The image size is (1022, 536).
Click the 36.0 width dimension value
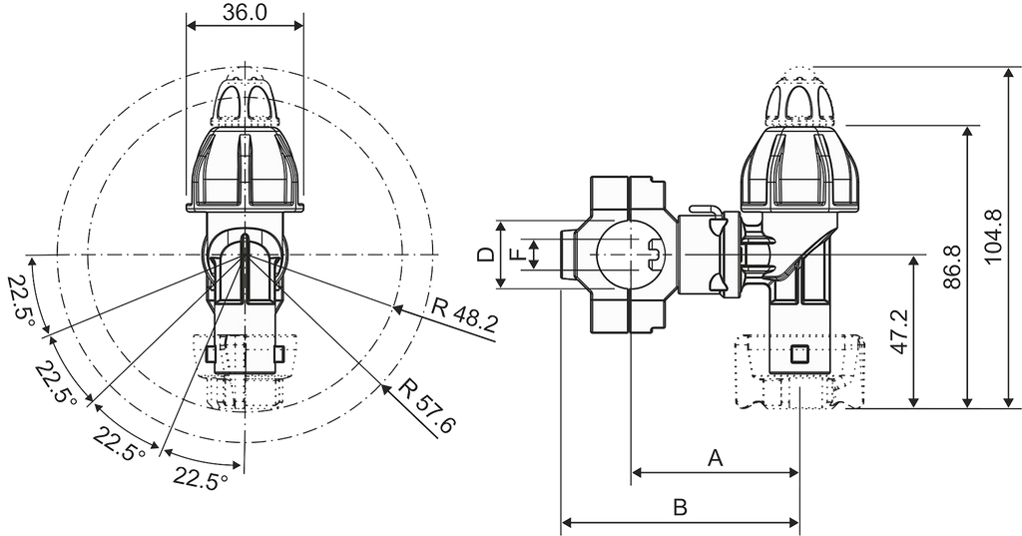coord(245,13)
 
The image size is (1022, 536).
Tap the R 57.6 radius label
coord(427,405)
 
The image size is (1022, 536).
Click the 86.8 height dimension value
coord(951,267)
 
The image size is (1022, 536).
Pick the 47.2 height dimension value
coord(899,332)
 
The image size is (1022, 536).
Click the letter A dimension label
coord(716,458)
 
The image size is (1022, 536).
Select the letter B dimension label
coord(680,507)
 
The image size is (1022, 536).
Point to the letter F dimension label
coord(517,254)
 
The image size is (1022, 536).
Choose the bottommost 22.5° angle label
coord(200,479)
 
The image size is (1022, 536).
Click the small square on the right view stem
coord(799,355)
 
